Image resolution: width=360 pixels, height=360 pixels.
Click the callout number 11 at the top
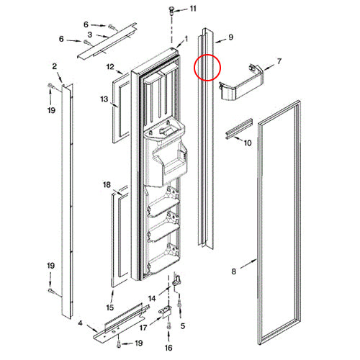(193, 9)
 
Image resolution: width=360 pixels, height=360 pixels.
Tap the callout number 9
(230, 37)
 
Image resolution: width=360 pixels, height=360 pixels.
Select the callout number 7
(279, 61)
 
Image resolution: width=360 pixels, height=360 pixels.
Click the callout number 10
(248, 143)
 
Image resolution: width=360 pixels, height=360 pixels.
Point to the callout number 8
(234, 271)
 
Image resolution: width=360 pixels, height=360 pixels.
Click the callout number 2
(55, 66)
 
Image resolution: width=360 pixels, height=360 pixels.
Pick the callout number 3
(90, 35)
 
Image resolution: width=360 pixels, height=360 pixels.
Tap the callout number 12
(110, 66)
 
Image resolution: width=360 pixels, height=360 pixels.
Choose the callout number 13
(104, 99)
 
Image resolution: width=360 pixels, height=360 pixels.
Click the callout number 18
(107, 184)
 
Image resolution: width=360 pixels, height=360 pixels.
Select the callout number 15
(109, 307)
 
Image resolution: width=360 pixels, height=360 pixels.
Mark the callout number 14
(152, 299)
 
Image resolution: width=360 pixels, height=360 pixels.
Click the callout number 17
(143, 328)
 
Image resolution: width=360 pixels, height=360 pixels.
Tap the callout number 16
(168, 348)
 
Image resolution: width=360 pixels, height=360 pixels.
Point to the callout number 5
(183, 326)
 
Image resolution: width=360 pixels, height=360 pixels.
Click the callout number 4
(80, 323)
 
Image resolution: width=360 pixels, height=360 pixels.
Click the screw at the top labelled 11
(172, 11)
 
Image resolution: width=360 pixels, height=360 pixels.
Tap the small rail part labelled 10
(239, 129)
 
